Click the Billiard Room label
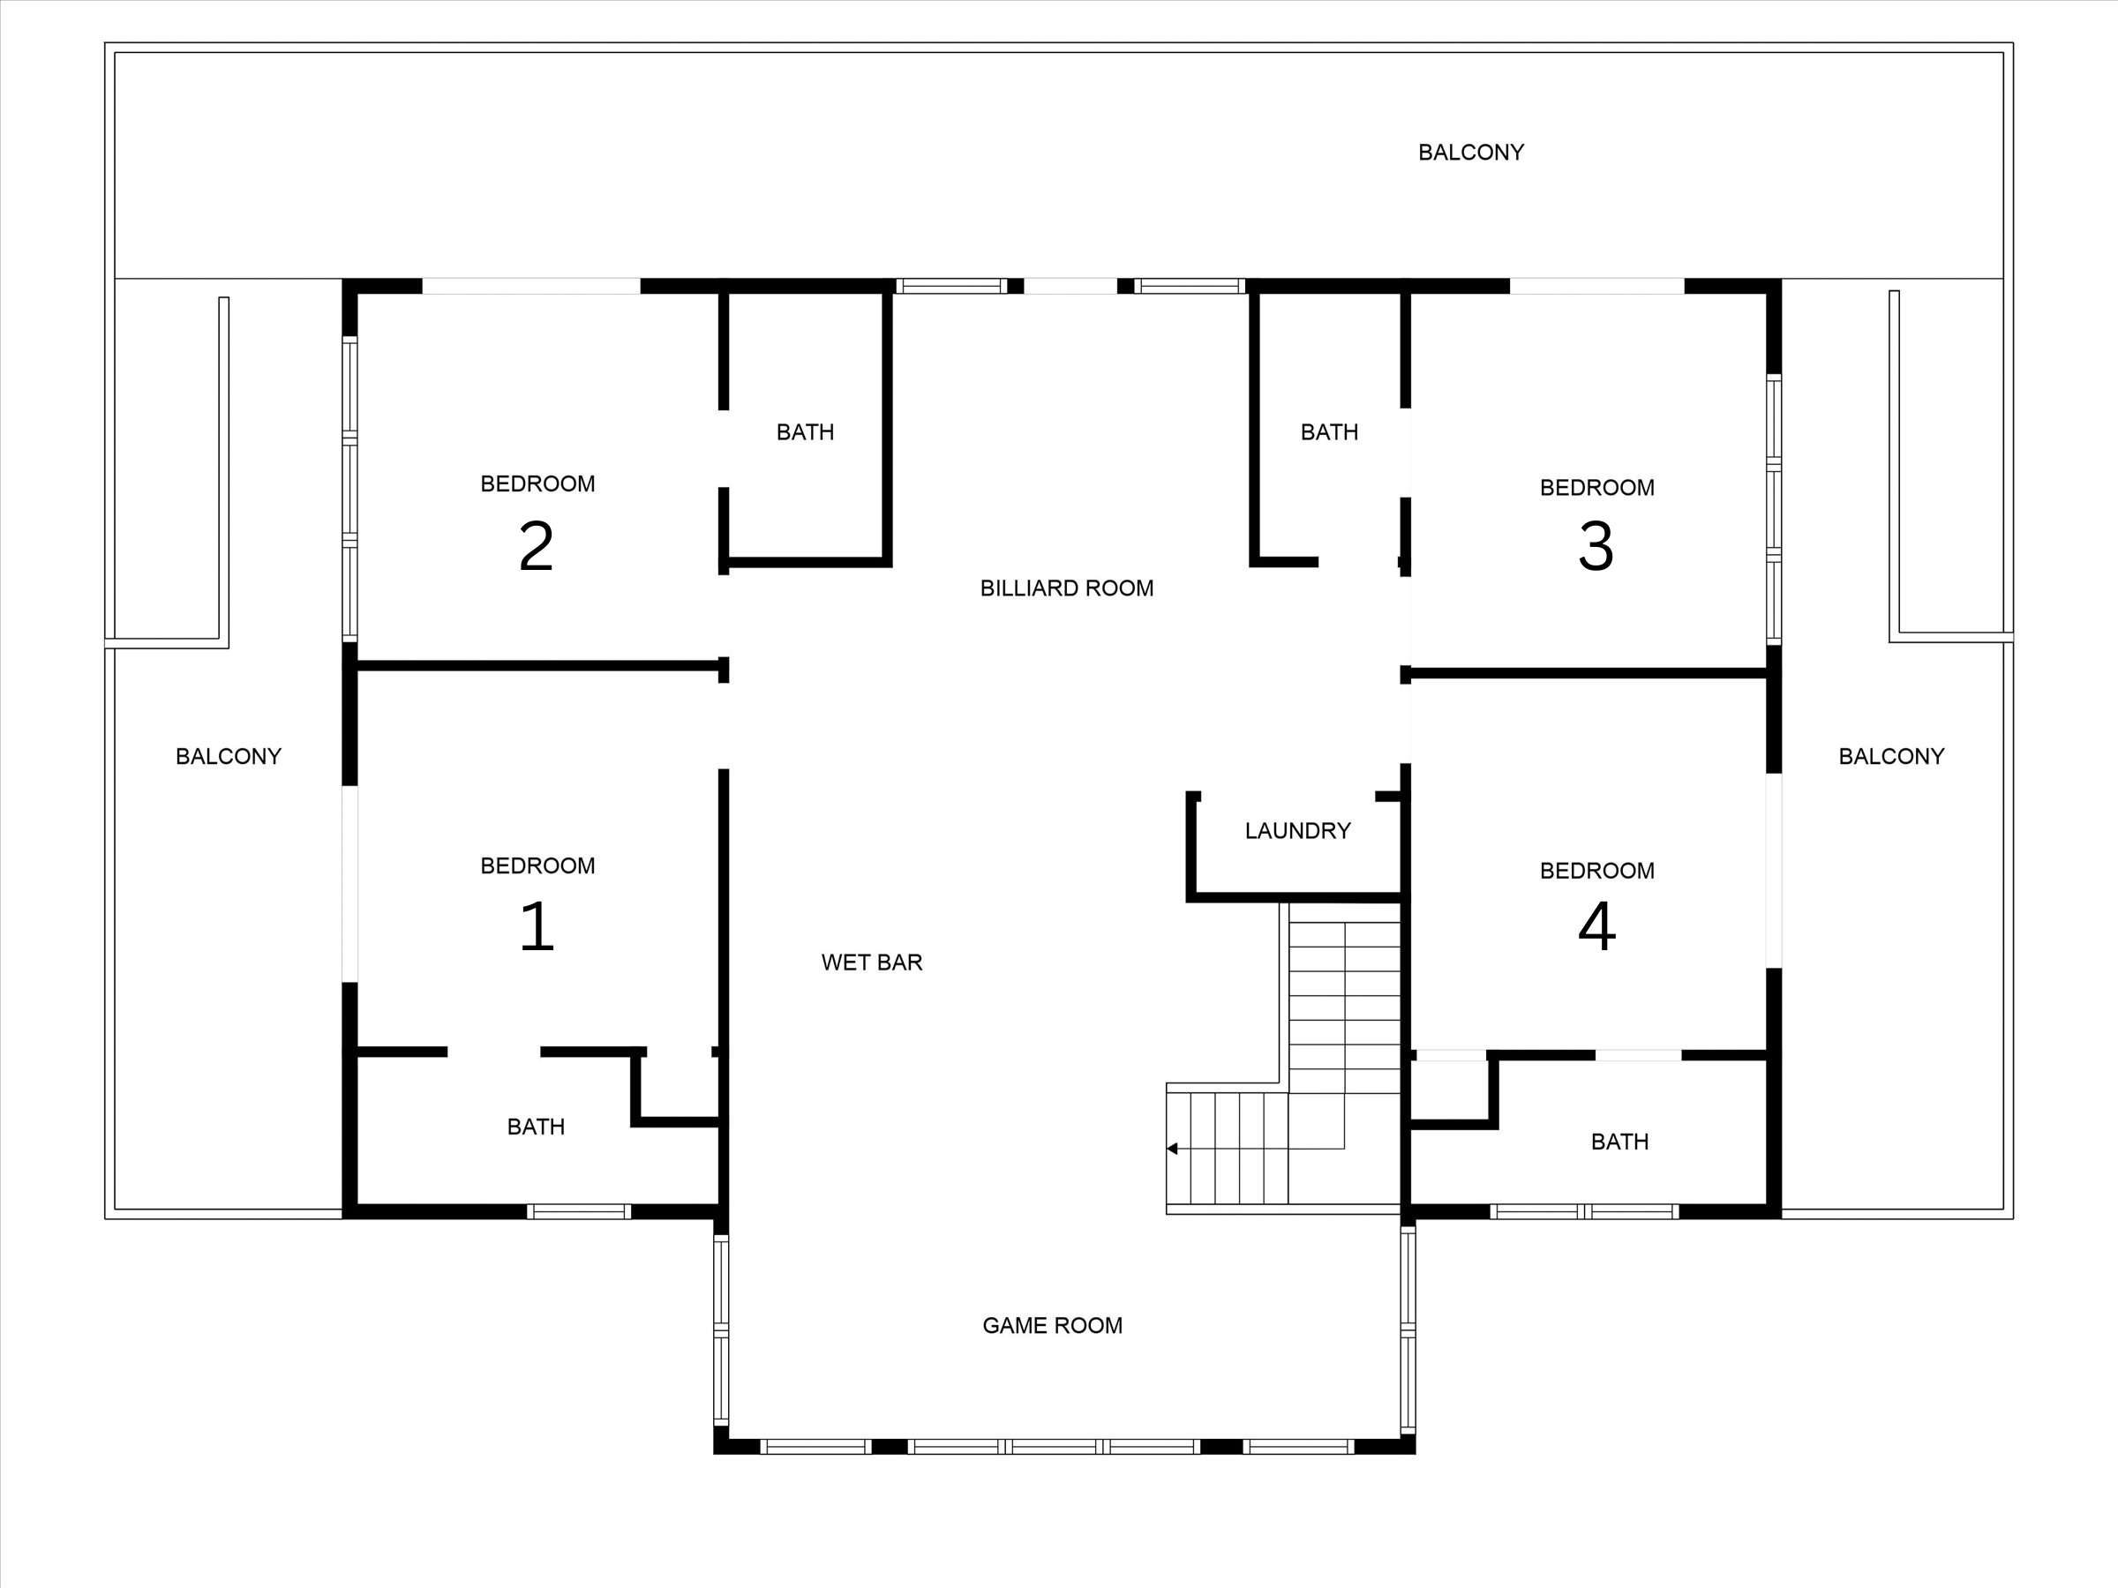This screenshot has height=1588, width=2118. (x=1066, y=588)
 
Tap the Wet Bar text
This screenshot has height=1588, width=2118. (x=871, y=962)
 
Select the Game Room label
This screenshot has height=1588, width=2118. (x=1051, y=1325)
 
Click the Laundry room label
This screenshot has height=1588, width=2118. (x=1296, y=830)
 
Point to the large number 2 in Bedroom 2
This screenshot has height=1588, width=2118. (x=537, y=547)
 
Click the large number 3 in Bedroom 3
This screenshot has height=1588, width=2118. (x=1596, y=547)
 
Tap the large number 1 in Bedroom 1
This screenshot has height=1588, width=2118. (x=537, y=926)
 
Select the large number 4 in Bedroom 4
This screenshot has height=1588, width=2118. (x=1596, y=926)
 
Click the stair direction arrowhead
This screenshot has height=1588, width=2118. (x=1172, y=1148)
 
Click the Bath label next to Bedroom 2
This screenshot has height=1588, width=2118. (x=804, y=431)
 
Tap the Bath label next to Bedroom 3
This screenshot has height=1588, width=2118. (x=1328, y=431)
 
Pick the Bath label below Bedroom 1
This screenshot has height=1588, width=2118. (x=536, y=1127)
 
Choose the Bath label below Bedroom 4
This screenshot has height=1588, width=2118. (x=1619, y=1141)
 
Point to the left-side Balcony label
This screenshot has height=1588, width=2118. (x=228, y=756)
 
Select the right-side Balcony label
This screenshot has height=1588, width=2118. (x=1890, y=756)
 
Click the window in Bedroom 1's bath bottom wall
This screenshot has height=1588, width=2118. (x=578, y=1211)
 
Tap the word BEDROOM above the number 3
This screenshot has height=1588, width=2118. (x=1596, y=487)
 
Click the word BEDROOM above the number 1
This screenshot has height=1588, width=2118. (x=537, y=865)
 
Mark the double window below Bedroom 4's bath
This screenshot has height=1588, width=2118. (x=1584, y=1211)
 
